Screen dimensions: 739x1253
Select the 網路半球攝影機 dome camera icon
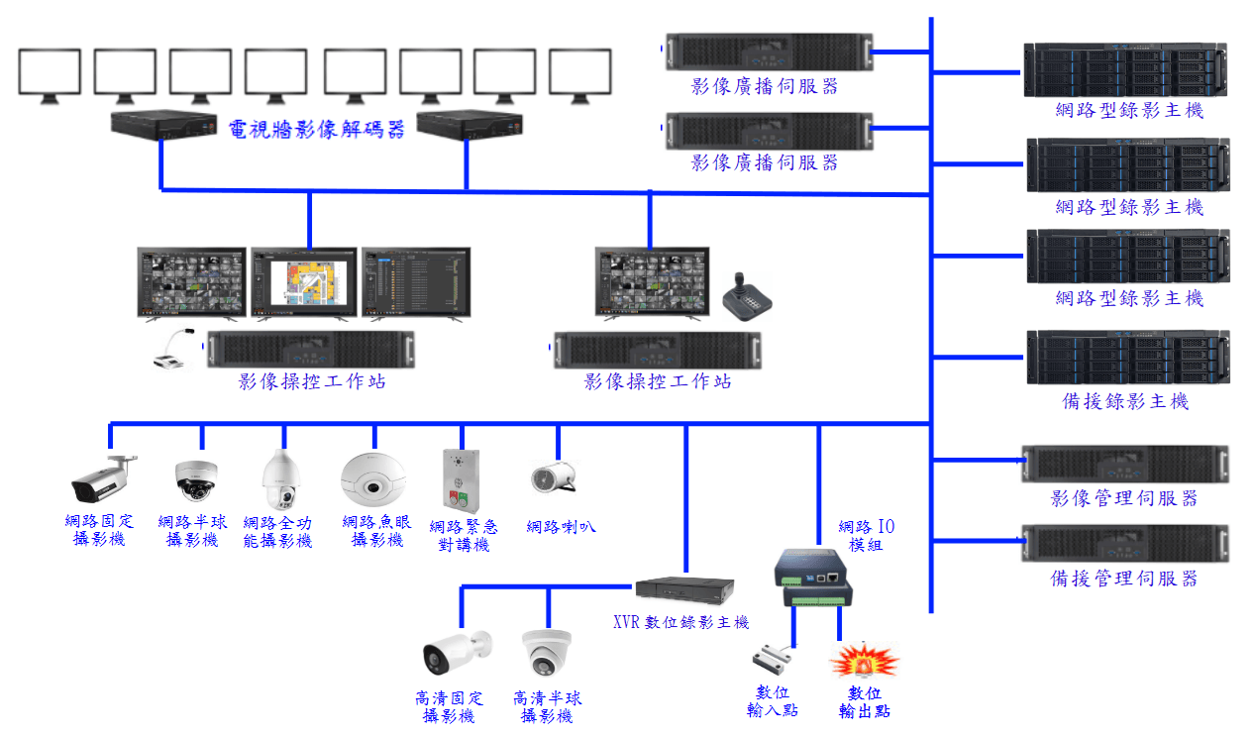[x=194, y=480]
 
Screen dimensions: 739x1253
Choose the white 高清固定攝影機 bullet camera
[x=457, y=652]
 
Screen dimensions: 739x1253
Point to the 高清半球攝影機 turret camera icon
[x=547, y=651]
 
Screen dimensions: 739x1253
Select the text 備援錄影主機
[x=1124, y=401]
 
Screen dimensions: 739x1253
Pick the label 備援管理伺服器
[x=1124, y=579]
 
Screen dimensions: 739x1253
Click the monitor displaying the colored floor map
[x=304, y=283]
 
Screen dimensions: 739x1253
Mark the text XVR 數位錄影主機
[x=681, y=622]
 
